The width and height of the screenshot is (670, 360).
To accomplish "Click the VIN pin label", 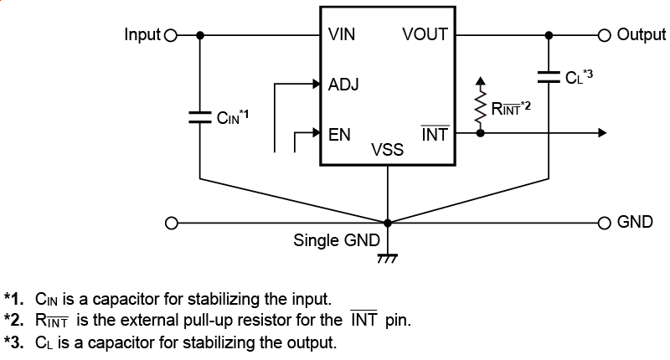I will click(343, 35).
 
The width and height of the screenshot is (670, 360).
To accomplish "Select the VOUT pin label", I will click(425, 35).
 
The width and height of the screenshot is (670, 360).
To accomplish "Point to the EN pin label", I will click(339, 133).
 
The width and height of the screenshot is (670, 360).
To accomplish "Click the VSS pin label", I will click(387, 150).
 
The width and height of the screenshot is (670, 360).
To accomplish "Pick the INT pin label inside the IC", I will click(435, 133).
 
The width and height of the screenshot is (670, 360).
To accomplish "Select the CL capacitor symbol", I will click(549, 77).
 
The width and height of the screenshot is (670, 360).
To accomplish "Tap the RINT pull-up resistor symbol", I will click(480, 108).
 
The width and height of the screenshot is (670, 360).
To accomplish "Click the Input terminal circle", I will click(172, 35).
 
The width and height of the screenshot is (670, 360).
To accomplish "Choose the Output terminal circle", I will click(605, 35).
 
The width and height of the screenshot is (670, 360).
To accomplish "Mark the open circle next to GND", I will click(605, 223).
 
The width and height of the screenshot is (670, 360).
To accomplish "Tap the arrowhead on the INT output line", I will click(601, 133).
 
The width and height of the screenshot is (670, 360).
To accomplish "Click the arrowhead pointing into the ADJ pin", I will click(317, 84).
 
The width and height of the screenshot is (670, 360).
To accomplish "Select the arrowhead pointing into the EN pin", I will click(317, 133).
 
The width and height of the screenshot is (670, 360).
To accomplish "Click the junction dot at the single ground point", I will click(387, 223).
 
